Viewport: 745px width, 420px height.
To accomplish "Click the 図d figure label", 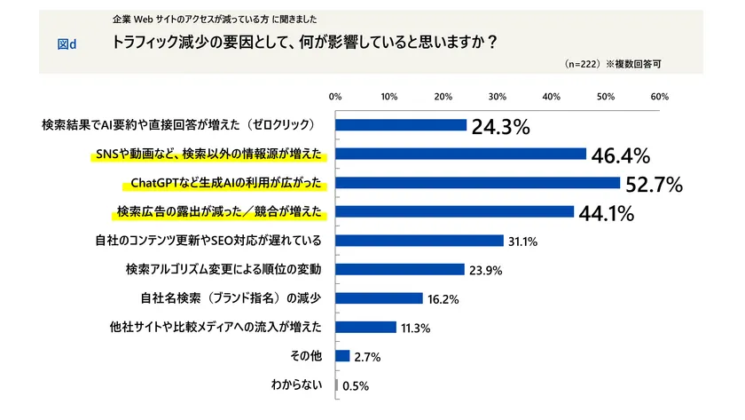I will pos(67,44).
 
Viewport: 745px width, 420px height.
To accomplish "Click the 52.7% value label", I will pos(652,185).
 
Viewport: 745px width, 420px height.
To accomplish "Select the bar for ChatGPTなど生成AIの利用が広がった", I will pos(478,183).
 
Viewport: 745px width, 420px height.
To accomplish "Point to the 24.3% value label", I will pos(500,127).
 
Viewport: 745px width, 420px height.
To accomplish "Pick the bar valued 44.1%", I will pos(455,211).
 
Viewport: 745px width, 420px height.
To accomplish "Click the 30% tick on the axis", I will pos(498,96).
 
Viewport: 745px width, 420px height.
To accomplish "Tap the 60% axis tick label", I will pos(660,96).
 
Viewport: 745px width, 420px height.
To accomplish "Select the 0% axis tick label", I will pos(335,96).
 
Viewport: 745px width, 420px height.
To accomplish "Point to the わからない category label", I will pos(295,384).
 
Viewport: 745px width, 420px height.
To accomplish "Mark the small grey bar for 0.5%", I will pos(337,385).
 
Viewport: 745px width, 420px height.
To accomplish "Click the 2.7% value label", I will pos(367,357).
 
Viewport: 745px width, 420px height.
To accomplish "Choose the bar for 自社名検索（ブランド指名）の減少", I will pos(380,298).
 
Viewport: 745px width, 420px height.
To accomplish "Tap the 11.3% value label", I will pos(415,328).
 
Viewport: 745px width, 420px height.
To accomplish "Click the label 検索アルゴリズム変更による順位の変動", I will pos(217,268).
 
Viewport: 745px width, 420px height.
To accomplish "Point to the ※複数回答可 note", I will pos(633,65).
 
